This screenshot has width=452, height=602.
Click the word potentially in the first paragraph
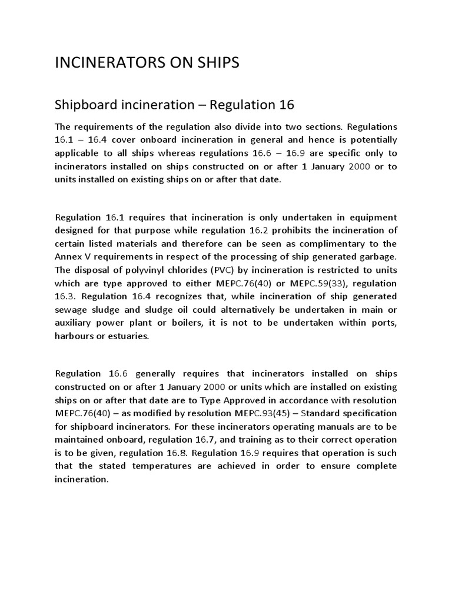click(x=368, y=140)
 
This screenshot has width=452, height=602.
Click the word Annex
click(x=67, y=257)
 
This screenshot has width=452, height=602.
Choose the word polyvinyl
click(x=151, y=270)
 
